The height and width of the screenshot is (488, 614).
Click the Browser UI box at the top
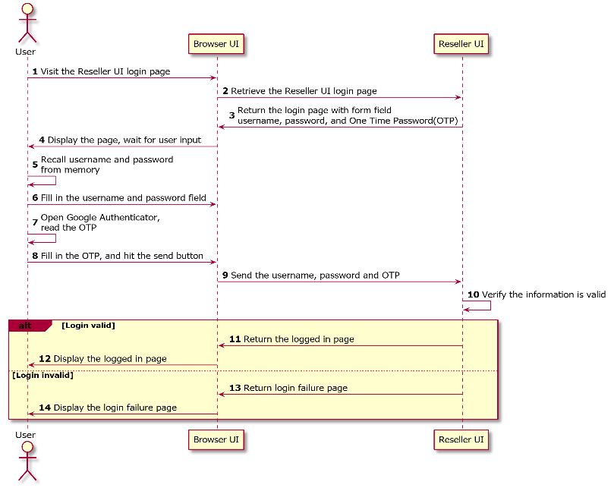tap(216, 44)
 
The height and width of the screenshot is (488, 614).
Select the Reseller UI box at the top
tap(461, 44)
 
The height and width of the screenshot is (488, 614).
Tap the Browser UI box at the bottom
tap(216, 439)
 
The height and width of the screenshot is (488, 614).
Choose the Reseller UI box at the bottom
tap(461, 439)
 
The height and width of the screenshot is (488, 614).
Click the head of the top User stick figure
tap(27, 8)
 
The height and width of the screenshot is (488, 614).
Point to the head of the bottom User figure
tap(27, 446)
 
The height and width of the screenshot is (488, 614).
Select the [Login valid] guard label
tap(89, 326)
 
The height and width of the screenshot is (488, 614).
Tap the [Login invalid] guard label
tap(43, 375)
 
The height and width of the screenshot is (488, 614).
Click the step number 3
tap(231, 115)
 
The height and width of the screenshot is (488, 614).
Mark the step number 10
tap(474, 294)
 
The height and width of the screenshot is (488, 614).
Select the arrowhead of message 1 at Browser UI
tap(214, 78)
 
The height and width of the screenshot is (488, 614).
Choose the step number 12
tap(45, 359)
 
